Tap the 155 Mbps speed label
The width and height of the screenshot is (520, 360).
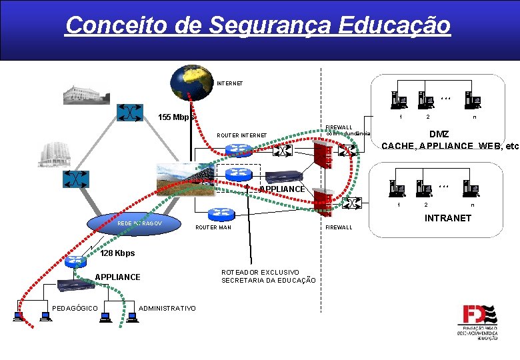coord(175,118)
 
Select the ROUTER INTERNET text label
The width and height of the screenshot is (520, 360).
coord(241,136)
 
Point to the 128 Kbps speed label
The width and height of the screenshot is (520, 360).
coord(117,253)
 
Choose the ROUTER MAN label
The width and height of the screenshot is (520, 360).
coord(213,228)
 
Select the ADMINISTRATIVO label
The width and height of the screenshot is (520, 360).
coord(167,307)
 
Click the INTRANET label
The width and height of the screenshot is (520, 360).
coord(447,218)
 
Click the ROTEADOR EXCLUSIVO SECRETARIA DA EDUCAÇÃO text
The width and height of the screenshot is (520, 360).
coord(268,276)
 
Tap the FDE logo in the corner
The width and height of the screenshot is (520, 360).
coord(477,322)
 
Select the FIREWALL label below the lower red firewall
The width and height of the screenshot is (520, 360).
coord(339,228)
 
